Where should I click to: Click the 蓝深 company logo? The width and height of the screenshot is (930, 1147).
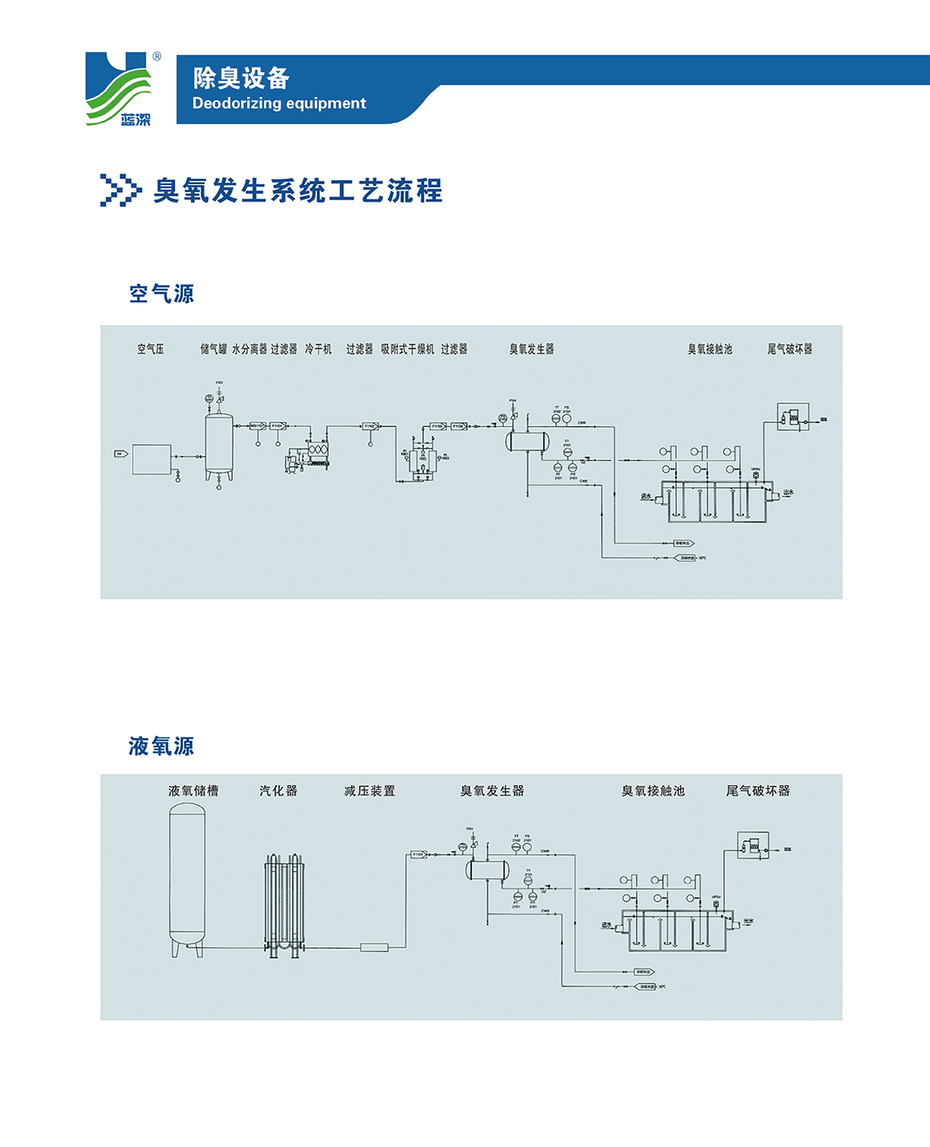tap(118, 88)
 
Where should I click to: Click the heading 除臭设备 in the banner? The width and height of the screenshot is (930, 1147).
tap(241, 77)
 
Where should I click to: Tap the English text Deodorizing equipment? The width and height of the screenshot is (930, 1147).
tap(279, 103)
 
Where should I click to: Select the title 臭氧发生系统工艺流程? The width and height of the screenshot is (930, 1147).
tap(298, 191)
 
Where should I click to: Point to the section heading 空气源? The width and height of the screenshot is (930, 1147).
tap(161, 294)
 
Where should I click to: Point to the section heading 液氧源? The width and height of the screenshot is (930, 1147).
tap(161, 746)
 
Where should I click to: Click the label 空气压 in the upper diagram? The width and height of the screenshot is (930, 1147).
tap(150, 350)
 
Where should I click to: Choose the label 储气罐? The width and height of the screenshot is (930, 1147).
tap(213, 350)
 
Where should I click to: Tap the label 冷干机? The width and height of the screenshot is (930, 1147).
tap(318, 350)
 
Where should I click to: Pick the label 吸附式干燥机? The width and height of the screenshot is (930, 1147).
tap(407, 350)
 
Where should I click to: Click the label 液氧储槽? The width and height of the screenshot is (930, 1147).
tap(193, 790)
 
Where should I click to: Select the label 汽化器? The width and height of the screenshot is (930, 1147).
tap(278, 790)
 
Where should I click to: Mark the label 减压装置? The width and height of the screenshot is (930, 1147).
tap(370, 790)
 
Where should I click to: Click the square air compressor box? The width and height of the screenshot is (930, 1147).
tap(152, 459)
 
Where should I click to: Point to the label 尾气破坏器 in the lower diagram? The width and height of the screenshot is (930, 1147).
tap(758, 790)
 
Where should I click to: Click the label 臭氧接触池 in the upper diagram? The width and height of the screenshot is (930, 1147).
tap(710, 350)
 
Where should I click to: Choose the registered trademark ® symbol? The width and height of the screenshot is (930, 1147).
tap(157, 57)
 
